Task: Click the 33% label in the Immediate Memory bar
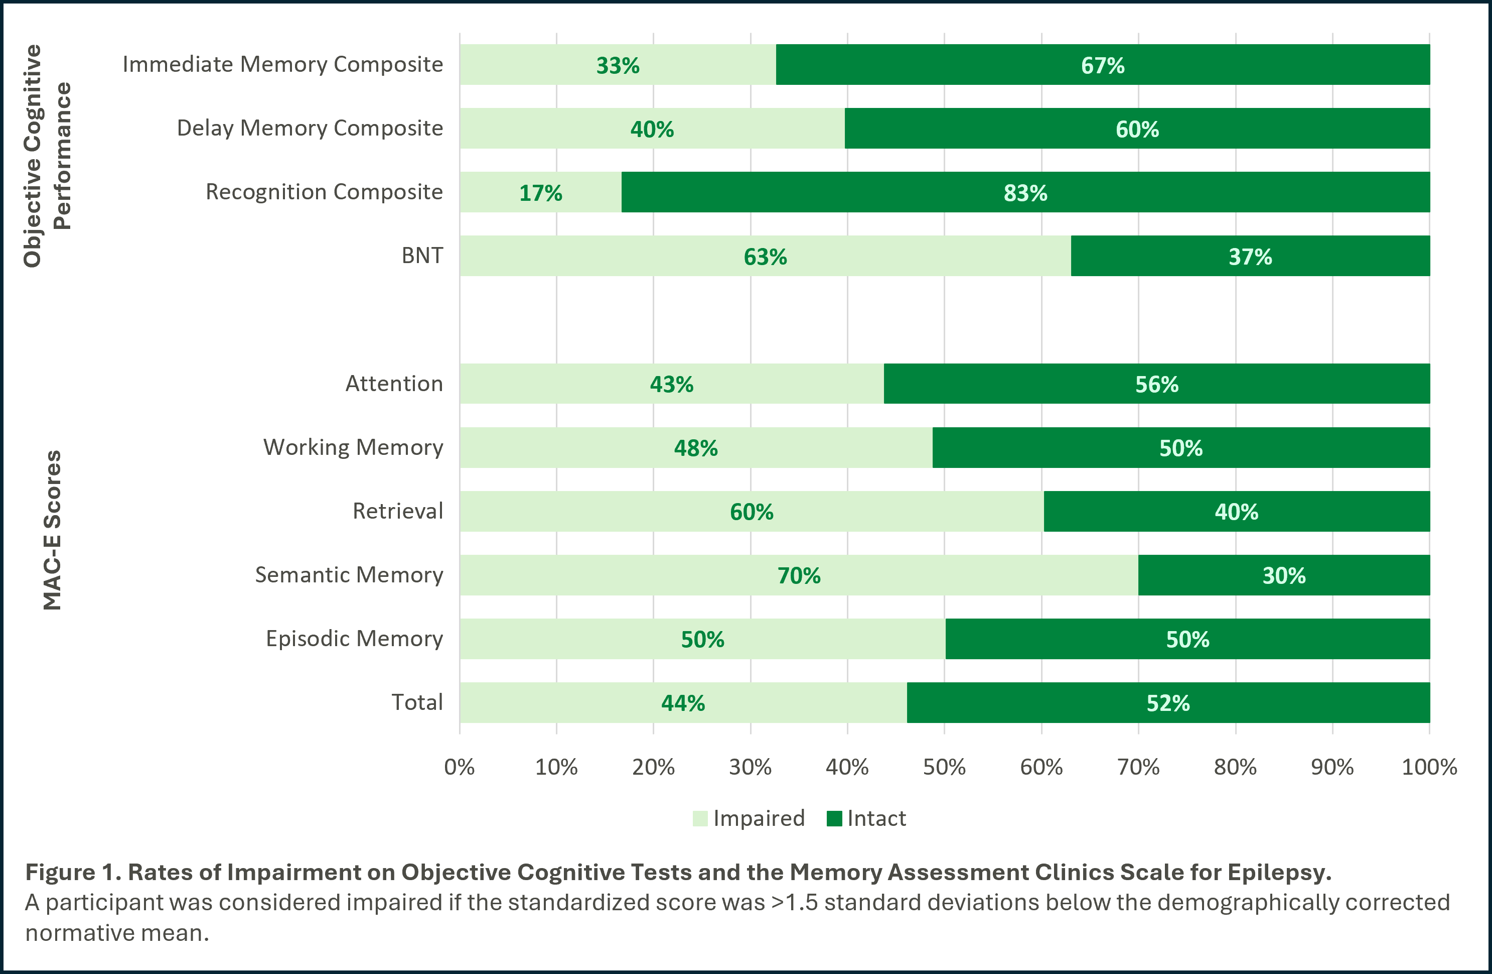coord(618,66)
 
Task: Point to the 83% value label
coord(1025,193)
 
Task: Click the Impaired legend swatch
coord(700,818)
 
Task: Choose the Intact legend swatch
coord(834,818)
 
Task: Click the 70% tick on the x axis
coord(1138,767)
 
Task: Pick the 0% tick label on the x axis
coord(459,767)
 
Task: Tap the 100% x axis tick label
coord(1429,767)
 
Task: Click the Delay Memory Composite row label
coord(310,128)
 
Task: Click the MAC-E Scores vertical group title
coord(53,530)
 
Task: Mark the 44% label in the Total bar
coord(683,703)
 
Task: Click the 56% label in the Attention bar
coord(1156,385)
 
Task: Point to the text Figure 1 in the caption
coord(73,873)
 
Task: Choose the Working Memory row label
coord(353,448)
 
